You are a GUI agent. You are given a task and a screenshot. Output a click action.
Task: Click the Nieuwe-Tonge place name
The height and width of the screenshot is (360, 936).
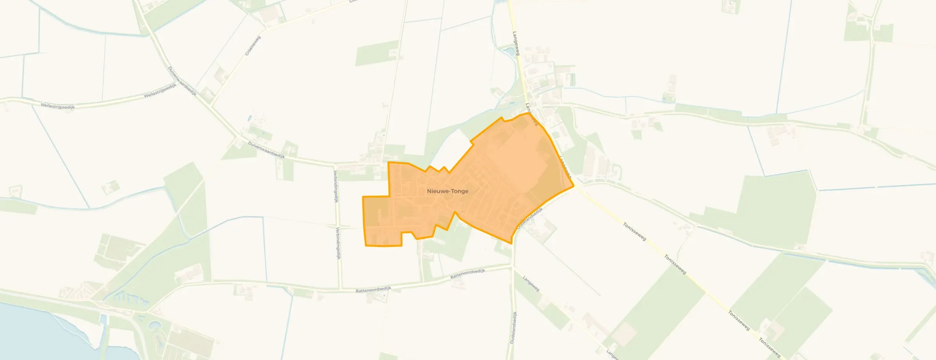pos(448,191)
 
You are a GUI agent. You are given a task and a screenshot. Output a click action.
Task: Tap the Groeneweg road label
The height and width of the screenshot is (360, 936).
pos(252,45)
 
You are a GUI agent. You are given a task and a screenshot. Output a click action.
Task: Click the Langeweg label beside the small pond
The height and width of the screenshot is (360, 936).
pos(517,43)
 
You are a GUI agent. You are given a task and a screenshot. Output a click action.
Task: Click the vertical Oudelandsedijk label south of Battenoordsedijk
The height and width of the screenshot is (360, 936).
pos(513,328)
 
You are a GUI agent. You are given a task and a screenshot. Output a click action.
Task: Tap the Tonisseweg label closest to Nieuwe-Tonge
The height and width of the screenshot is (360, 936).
pos(634,231)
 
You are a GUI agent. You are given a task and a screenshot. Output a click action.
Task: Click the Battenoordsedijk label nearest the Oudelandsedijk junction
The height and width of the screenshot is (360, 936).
pos(468,274)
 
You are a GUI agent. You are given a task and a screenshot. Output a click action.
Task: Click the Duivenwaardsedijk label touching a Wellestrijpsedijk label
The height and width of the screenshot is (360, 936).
pos(182,81)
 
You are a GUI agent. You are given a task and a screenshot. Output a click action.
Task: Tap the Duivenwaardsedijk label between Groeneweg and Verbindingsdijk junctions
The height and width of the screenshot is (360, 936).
pos(266,149)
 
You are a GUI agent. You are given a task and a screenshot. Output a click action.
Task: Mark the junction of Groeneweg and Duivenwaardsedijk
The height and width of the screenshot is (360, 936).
pos(211,106)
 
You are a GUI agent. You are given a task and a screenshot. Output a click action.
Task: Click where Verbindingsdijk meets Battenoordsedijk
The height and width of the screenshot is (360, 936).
pos(340,289)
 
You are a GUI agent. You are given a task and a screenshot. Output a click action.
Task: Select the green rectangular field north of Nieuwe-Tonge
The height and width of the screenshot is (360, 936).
pos(376,53)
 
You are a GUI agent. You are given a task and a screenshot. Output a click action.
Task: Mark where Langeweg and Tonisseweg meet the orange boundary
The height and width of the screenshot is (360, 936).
pos(574,186)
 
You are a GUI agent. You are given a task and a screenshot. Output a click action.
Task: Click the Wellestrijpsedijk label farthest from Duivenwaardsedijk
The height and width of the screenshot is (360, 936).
pos(58,106)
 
